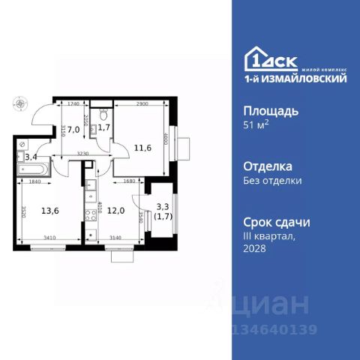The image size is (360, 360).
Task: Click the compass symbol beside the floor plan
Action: point(19,105)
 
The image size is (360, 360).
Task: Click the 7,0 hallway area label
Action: point(74,130)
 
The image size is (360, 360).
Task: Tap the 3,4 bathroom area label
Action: point(31,157)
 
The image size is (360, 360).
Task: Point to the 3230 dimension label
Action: point(85,154)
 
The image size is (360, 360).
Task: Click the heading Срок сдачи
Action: point(277,223)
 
